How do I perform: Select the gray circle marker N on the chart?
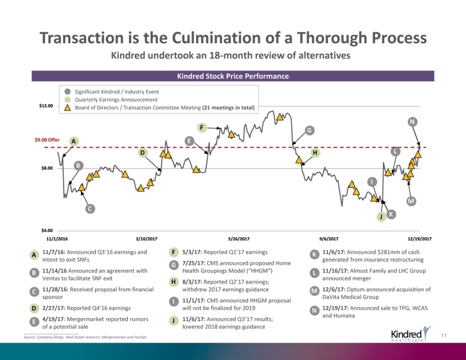tap(411, 122)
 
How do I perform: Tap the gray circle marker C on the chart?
tap(91, 209)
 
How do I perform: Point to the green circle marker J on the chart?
tap(380, 217)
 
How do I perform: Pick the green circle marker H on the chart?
tap(315, 153)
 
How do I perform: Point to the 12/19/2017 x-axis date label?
tap(419, 239)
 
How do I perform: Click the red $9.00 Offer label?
tap(47, 140)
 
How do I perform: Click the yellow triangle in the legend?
tap(68, 108)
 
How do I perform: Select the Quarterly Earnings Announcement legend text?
tap(116, 100)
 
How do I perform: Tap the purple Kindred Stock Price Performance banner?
tap(232, 76)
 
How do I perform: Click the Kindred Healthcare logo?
tap(410, 335)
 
